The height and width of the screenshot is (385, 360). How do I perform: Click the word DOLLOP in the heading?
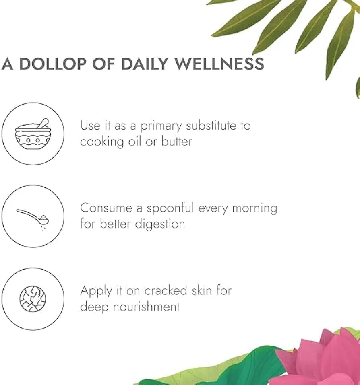coord(53,64)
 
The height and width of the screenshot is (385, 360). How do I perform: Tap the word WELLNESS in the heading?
coord(219,64)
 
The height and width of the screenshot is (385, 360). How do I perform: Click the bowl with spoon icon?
coord(33,134)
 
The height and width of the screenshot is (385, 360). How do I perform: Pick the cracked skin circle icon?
coord(33,299)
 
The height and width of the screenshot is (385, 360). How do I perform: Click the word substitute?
coord(211,126)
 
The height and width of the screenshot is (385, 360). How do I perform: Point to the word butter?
coord(177,142)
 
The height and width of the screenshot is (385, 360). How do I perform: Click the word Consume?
coord(106,208)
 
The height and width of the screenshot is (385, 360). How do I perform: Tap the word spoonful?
coord(171,209)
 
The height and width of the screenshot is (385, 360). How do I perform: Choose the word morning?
coord(254,209)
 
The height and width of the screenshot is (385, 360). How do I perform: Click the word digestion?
coord(160,224)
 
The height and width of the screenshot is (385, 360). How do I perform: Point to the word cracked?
coord(166,290)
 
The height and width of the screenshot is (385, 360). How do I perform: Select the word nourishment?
coord(147,307)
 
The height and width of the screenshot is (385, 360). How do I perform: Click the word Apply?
coord(96,291)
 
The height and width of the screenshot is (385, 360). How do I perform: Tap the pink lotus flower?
coord(319,357)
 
